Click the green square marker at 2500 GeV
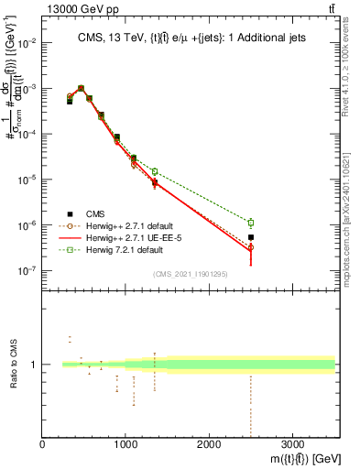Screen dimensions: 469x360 tap(251, 223)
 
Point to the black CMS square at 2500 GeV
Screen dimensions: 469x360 tap(251, 237)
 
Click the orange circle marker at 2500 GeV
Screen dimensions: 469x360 tap(251, 247)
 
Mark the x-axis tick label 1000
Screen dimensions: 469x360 tap(125, 445)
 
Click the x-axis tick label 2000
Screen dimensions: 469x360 tap(209, 445)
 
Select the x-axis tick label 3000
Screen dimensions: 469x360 tap(292, 445)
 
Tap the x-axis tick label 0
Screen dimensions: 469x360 tap(43, 445)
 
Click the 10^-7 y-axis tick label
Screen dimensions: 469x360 tap(27, 271)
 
